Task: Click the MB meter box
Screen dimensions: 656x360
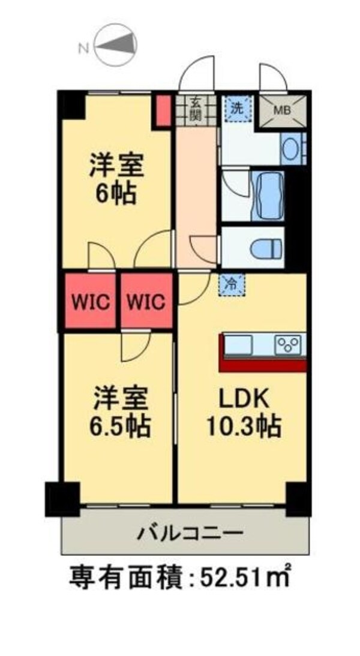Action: (x=282, y=110)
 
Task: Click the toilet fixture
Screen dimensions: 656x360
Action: (x=263, y=247)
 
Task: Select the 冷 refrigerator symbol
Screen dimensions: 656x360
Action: (x=232, y=284)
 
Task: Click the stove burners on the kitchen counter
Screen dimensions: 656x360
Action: (x=288, y=345)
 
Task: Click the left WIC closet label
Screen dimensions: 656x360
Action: (x=90, y=302)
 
